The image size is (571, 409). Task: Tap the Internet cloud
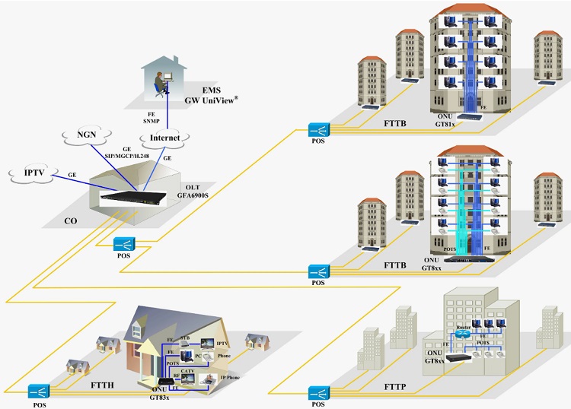tap(164, 138)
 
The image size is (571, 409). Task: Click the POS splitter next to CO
tap(124, 244)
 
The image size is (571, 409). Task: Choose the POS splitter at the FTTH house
tap(37, 391)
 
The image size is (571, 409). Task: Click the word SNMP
tap(152, 119)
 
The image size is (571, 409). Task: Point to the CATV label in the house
tap(189, 370)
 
